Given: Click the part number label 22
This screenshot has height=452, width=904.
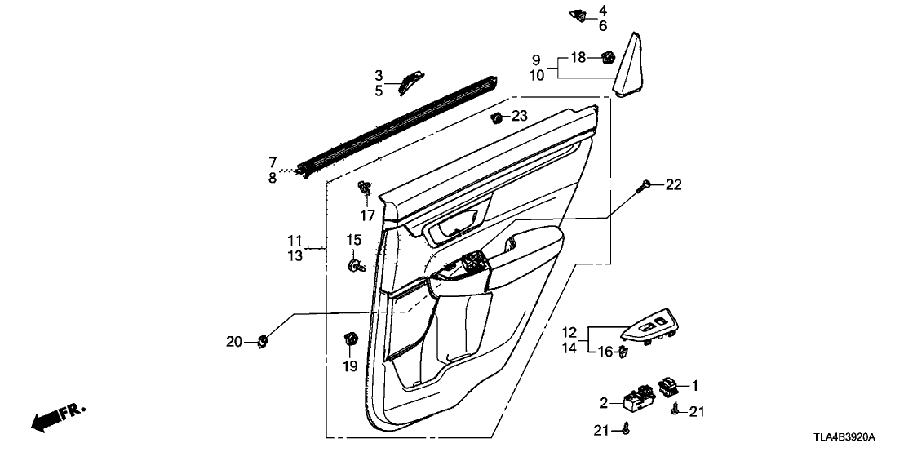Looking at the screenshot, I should click(x=673, y=185).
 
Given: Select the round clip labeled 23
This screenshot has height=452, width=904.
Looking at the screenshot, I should click(x=496, y=118).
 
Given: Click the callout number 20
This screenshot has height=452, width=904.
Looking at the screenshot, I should click(x=234, y=343).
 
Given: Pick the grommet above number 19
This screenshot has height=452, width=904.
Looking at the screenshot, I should click(x=351, y=338).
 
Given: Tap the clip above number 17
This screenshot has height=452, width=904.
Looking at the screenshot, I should click(x=365, y=191).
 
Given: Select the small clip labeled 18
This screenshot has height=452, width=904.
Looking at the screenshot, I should click(x=606, y=57).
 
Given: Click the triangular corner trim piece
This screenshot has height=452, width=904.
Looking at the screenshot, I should click(x=632, y=65).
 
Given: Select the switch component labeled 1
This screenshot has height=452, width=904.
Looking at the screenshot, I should click(x=669, y=386).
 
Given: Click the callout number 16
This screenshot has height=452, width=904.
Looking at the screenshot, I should click(x=605, y=352).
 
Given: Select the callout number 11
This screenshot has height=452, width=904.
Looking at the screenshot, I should click(x=295, y=241).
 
